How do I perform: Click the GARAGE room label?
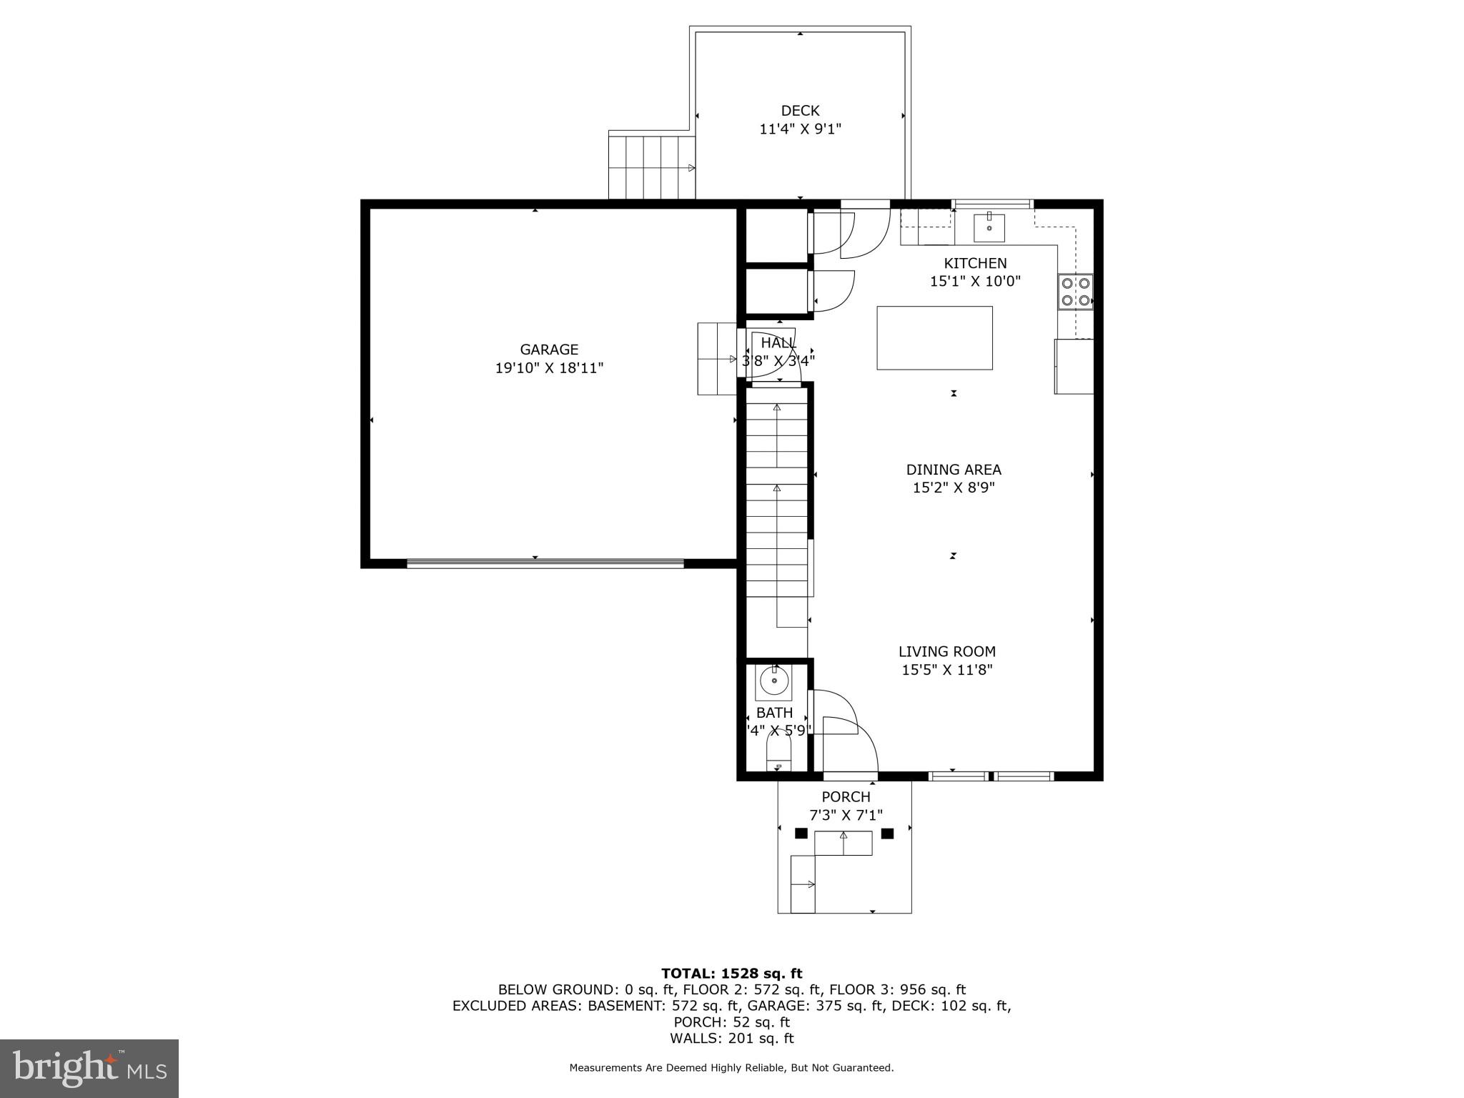click(x=548, y=350)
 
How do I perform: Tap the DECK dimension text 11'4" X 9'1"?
click(x=800, y=129)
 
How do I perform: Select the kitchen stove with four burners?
click(x=1075, y=292)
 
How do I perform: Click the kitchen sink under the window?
click(x=989, y=228)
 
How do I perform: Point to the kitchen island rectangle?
click(x=934, y=338)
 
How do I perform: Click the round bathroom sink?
click(x=773, y=681)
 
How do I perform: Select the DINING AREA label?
click(x=954, y=470)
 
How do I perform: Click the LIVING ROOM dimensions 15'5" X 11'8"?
click(x=947, y=670)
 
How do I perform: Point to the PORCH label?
click(x=846, y=796)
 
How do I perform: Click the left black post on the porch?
click(x=801, y=833)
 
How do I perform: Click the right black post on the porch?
click(x=887, y=833)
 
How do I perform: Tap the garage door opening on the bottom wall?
click(x=545, y=563)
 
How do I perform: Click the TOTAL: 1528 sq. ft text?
click(x=731, y=973)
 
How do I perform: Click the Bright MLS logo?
click(x=89, y=1069)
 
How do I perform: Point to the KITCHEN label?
click(x=975, y=263)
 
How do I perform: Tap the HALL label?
click(x=778, y=343)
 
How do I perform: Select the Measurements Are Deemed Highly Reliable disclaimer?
click(x=731, y=1067)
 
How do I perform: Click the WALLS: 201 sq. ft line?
click(x=731, y=1038)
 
